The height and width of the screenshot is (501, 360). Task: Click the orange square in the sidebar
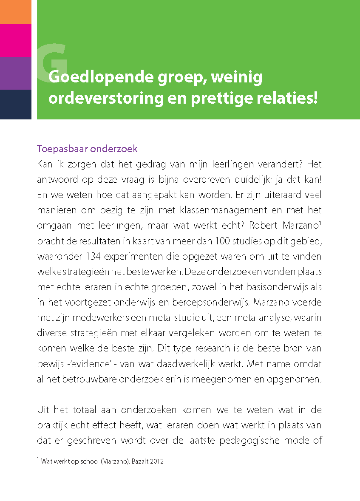15,12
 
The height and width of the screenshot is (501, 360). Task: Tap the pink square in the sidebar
15,40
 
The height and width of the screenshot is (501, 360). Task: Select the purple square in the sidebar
15,73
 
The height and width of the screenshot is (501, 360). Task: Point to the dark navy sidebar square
15,104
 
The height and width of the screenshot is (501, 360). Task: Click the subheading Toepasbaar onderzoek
87,149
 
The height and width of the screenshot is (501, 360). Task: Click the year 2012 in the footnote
157,461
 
